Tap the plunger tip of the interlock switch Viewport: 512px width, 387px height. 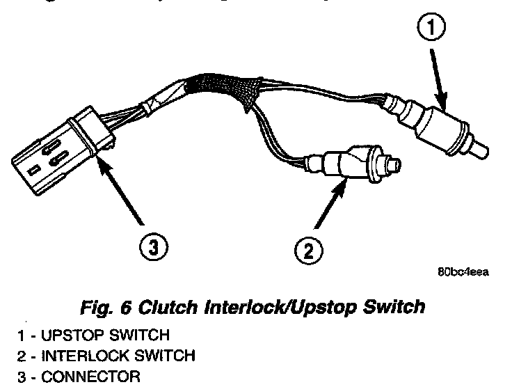pos(397,165)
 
